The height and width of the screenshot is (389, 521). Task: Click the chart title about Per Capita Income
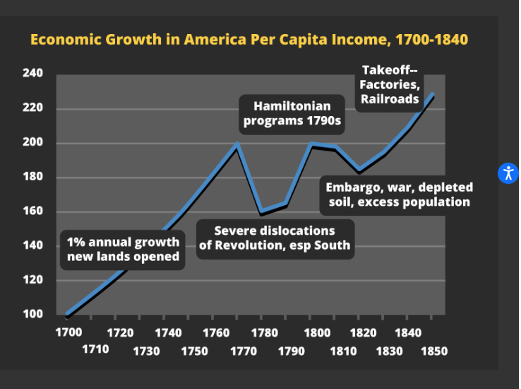[248, 39]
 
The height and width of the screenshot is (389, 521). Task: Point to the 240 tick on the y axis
[33, 74]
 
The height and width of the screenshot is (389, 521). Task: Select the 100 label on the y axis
[33, 314]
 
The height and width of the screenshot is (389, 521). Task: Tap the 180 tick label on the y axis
[33, 177]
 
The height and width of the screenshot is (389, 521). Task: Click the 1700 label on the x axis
[69, 332]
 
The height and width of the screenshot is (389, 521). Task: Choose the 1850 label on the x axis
[434, 350]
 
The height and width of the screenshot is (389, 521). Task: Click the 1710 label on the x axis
[95, 349]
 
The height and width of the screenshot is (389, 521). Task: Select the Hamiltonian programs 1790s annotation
[292, 114]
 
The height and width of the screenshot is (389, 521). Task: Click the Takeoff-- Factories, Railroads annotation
[390, 85]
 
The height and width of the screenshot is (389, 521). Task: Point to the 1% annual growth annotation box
[123, 249]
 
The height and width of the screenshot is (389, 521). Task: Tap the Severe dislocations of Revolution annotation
[274, 238]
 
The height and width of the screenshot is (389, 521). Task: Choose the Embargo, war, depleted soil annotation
[399, 194]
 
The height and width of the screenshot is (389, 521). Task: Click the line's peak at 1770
[237, 144]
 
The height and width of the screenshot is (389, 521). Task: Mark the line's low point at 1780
[262, 211]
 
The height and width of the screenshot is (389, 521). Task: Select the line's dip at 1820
[360, 170]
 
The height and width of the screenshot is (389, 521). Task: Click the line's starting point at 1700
[68, 314]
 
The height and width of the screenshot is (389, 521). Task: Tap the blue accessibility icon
[508, 173]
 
